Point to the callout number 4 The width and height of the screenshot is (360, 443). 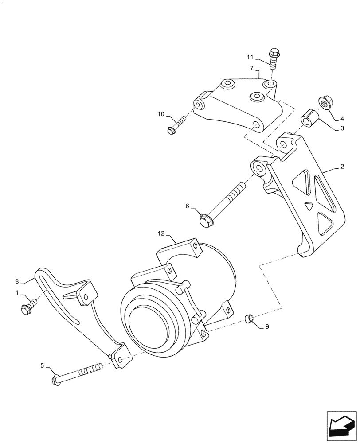pos(342,118)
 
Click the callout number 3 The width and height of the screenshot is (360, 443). pos(342,128)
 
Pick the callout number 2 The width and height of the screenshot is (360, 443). pos(342,167)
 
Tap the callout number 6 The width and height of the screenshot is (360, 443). pos(187,206)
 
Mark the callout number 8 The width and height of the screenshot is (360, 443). pos(17,281)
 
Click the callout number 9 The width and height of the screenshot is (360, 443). pos(267,326)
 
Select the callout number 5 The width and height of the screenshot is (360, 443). pos(42,365)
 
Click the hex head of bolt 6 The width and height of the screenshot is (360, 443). pos(205,220)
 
